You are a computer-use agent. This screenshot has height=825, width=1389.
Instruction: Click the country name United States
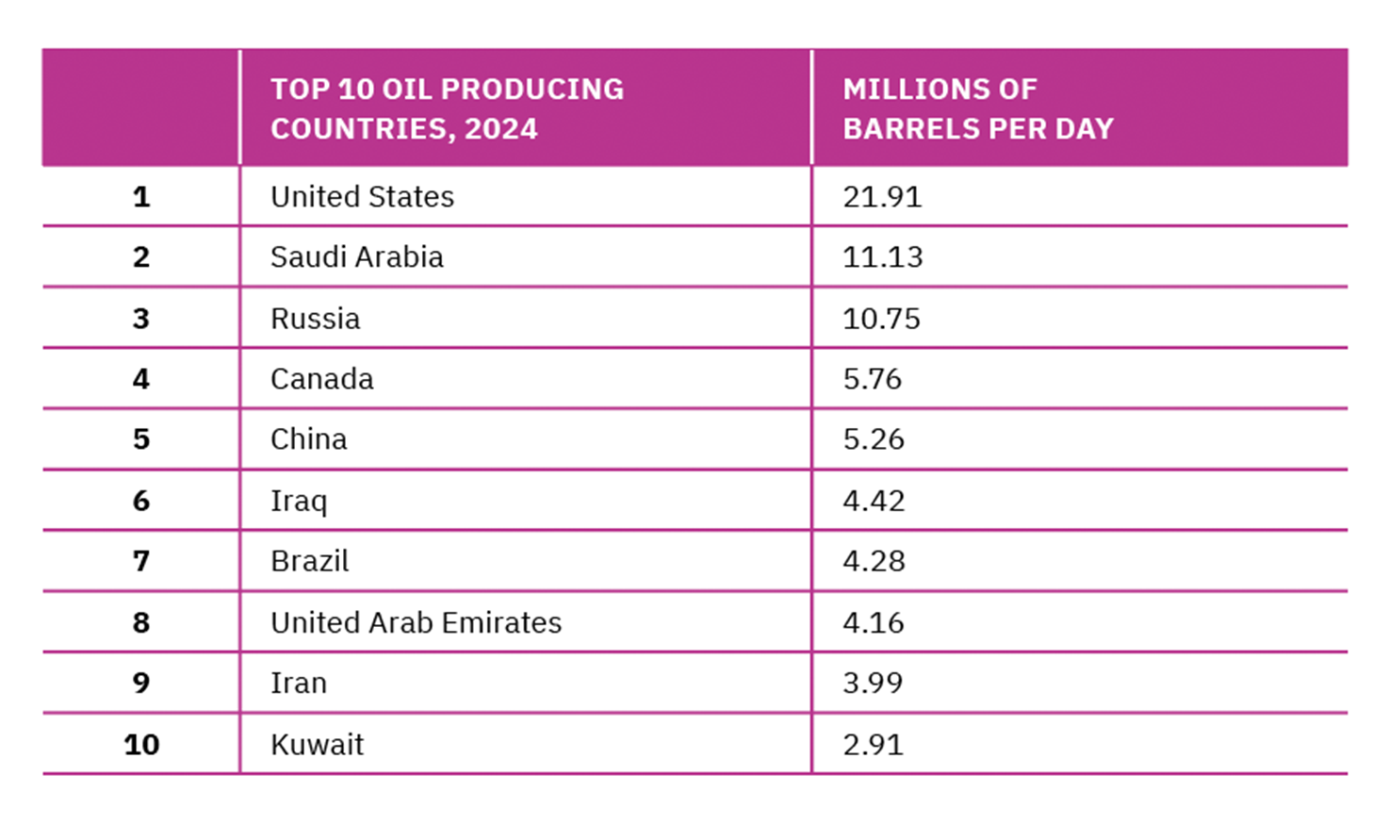pos(362,197)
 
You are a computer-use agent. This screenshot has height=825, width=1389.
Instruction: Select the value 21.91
pos(882,197)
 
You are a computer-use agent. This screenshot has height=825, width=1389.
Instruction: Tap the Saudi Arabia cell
pos(356,257)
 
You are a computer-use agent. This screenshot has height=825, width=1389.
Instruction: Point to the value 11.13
pos(882,257)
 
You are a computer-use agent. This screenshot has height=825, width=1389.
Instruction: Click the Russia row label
pos(315,319)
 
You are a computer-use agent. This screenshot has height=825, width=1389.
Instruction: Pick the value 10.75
pos(881,319)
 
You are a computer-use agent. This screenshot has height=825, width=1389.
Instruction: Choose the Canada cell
pos(321,379)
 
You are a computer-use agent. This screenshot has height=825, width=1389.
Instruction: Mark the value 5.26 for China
pos(874,439)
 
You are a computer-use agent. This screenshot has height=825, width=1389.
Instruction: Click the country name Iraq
pos(299,501)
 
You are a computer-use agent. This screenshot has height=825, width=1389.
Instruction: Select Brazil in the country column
pos(309,561)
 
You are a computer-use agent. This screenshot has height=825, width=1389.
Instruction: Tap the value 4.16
pos(874,622)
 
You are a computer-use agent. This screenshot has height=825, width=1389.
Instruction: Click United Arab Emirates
pos(416,622)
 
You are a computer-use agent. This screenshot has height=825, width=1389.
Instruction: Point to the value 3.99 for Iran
pos(873,683)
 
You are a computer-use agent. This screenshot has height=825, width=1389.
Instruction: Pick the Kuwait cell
pos(317,745)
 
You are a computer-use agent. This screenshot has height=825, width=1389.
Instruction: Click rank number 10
pos(141,745)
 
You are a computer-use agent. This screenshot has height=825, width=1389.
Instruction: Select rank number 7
pos(141,561)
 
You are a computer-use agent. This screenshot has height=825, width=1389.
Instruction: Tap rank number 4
pos(141,379)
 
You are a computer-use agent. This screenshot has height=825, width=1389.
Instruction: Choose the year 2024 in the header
pos(500,129)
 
